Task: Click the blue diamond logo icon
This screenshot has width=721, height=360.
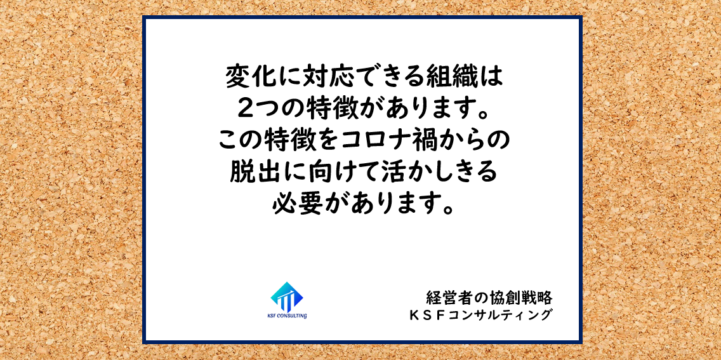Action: click(287, 297)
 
